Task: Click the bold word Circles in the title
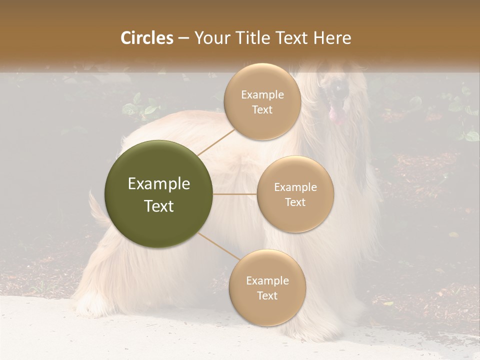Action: (147, 38)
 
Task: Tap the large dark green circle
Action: (158, 194)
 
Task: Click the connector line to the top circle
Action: (216, 142)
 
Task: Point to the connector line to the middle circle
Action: (235, 194)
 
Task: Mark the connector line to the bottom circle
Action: (218, 246)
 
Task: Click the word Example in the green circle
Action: (158, 184)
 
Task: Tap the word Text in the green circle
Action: (158, 206)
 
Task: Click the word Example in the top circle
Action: (262, 94)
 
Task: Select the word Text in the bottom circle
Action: (267, 295)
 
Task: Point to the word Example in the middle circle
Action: (295, 187)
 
